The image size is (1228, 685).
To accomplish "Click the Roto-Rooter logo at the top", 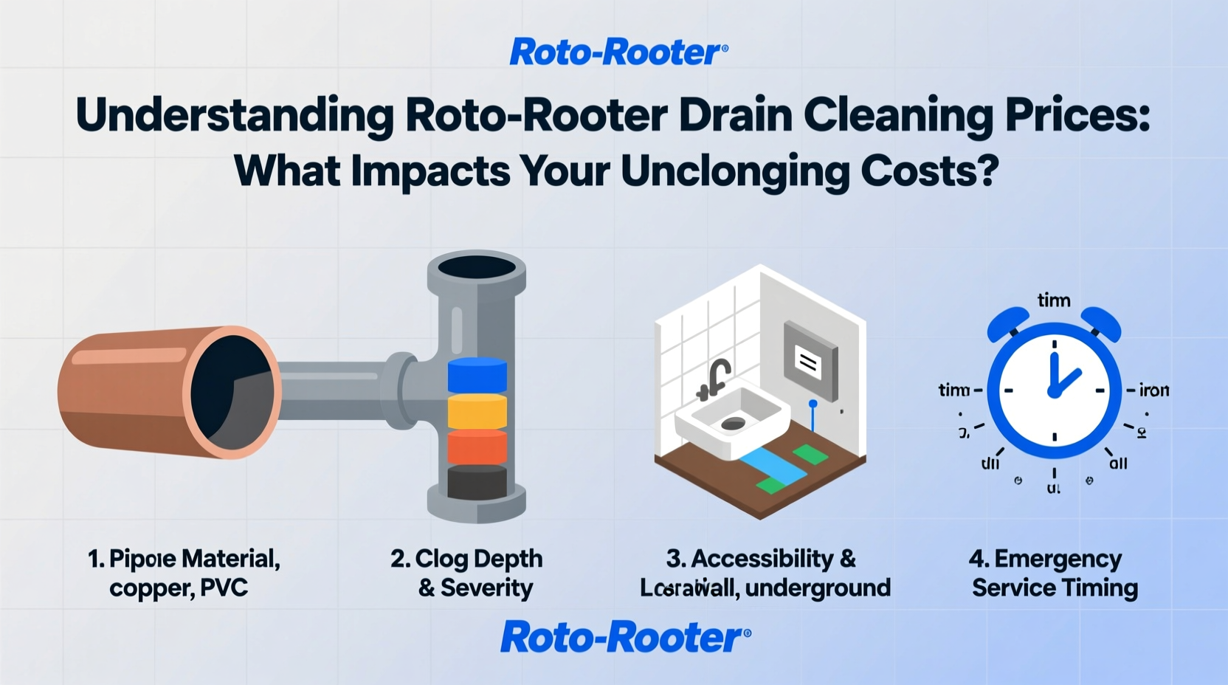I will point(618,52).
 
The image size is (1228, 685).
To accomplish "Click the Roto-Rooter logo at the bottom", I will point(625,637).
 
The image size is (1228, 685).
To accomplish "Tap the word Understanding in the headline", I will point(235,115).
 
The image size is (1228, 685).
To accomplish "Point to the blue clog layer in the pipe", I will point(477,375).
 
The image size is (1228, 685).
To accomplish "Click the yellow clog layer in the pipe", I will point(477,411).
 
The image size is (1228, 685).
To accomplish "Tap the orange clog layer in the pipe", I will point(477,447).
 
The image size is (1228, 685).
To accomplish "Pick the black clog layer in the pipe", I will point(477,481).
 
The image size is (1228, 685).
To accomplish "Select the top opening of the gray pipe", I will point(477,267).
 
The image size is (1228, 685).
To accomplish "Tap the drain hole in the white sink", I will point(733,423).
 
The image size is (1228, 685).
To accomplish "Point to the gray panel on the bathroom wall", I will point(810,361).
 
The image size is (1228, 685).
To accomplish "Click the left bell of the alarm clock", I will point(1009,323).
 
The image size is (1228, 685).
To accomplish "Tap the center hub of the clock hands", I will point(1055,390).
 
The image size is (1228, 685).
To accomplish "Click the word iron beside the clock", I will point(1154,390).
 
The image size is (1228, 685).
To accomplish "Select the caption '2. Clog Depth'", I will point(466,559).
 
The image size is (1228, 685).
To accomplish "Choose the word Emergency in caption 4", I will point(1058,559).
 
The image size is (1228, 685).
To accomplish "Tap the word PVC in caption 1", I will point(224,588).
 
